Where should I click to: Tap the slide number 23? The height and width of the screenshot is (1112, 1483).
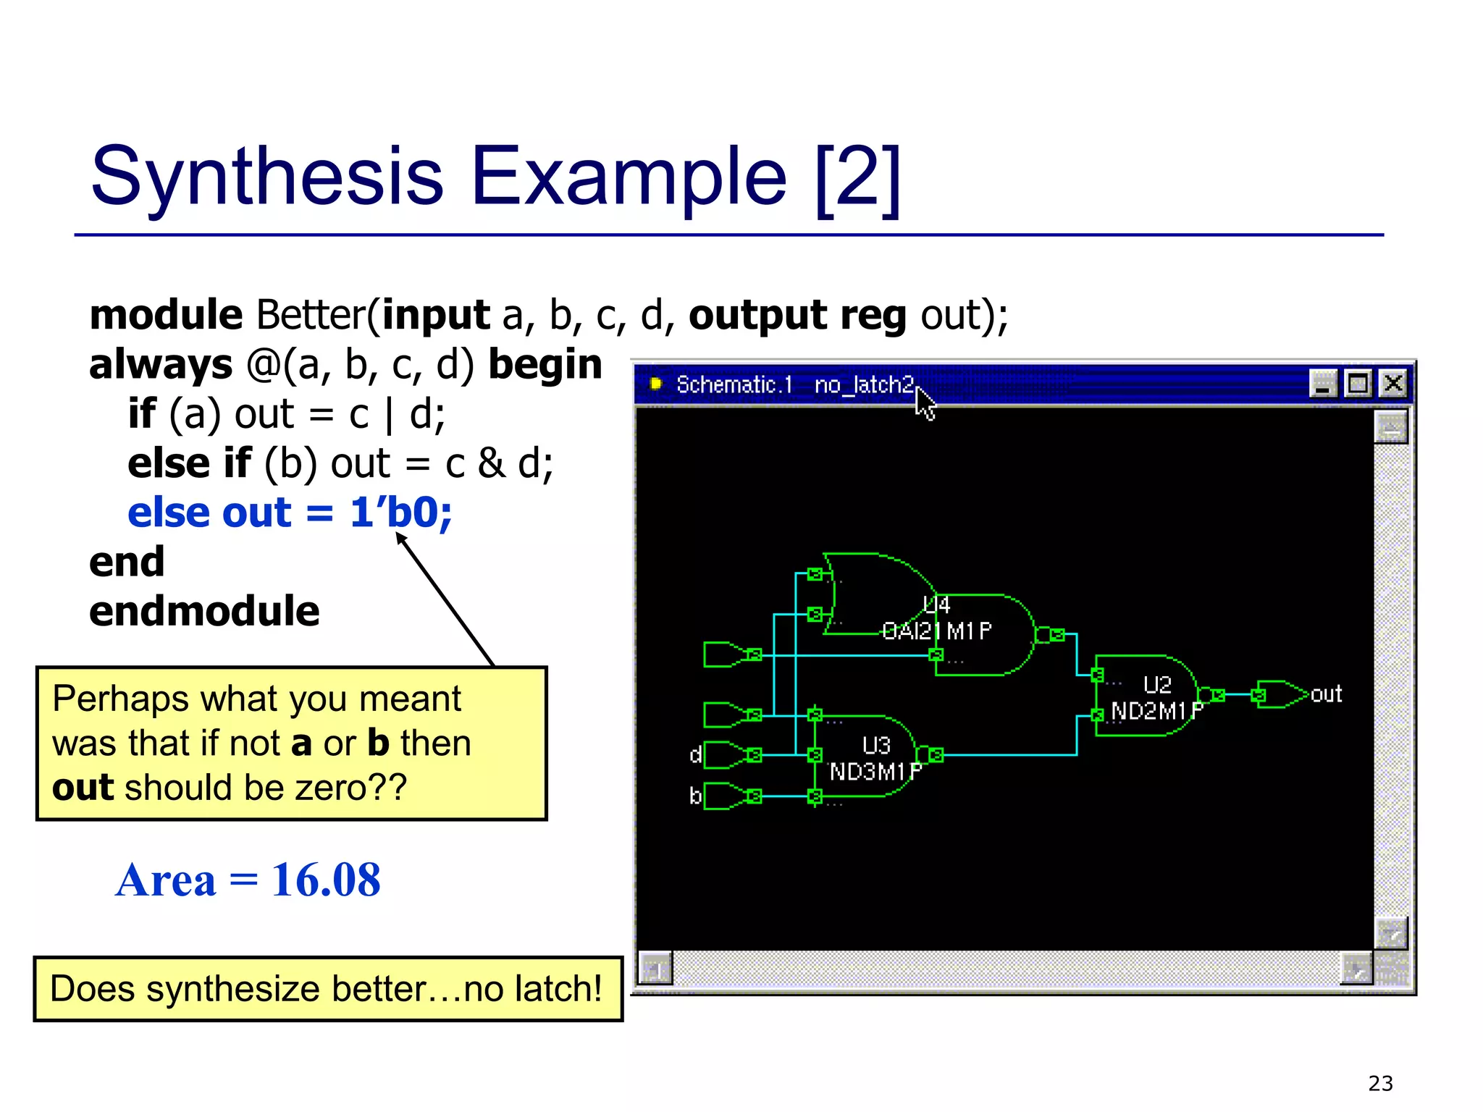point(1380,1083)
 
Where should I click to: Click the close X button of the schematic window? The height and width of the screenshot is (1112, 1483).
point(1393,383)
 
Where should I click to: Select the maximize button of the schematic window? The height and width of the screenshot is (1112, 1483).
point(1358,383)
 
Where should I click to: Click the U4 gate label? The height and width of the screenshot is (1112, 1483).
point(936,605)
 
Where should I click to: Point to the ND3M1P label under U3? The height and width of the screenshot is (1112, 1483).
point(875,772)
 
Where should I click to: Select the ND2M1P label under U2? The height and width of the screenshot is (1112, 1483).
point(1156,711)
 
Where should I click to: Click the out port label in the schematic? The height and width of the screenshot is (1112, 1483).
point(1326,694)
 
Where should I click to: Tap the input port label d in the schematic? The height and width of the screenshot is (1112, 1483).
point(695,755)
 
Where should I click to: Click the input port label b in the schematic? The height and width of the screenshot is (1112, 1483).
point(695,796)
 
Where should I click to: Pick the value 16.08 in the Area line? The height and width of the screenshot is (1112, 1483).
point(326,880)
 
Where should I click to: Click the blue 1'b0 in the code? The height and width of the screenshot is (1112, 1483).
point(401,513)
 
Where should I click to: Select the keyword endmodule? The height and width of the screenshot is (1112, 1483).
point(204,611)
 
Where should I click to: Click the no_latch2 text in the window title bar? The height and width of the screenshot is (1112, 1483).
point(864,384)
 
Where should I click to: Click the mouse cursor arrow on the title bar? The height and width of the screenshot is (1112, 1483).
point(924,402)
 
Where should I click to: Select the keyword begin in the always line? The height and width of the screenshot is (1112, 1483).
point(545,364)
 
